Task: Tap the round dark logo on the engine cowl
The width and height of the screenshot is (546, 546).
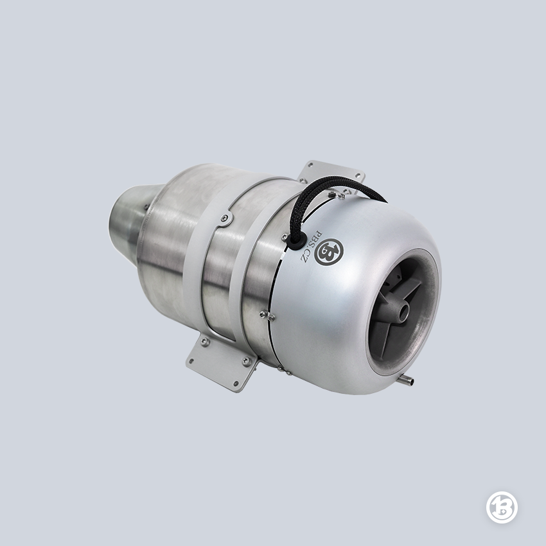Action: (329, 252)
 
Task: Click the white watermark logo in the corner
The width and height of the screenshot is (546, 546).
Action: (502, 507)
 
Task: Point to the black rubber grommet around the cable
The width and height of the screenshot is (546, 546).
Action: (297, 240)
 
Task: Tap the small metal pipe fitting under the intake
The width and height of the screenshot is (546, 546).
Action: (407, 380)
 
